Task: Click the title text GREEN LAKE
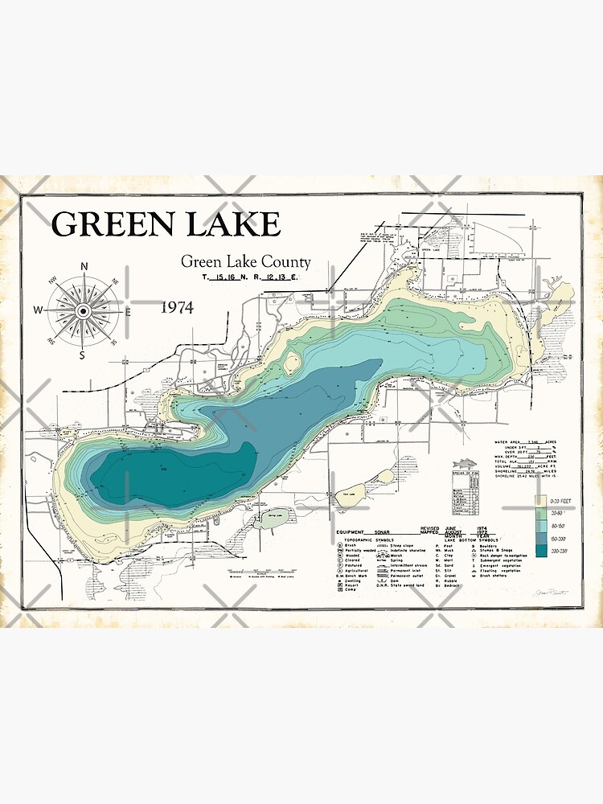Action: pos(166,224)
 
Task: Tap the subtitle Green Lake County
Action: pos(245,261)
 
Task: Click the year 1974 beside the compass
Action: pos(177,307)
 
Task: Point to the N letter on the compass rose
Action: pos(84,267)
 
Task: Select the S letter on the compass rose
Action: pos(81,354)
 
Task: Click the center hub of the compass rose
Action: pos(83,310)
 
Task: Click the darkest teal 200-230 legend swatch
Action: pos(540,551)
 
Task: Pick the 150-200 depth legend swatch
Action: pos(540,538)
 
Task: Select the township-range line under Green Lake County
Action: pos(250,277)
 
